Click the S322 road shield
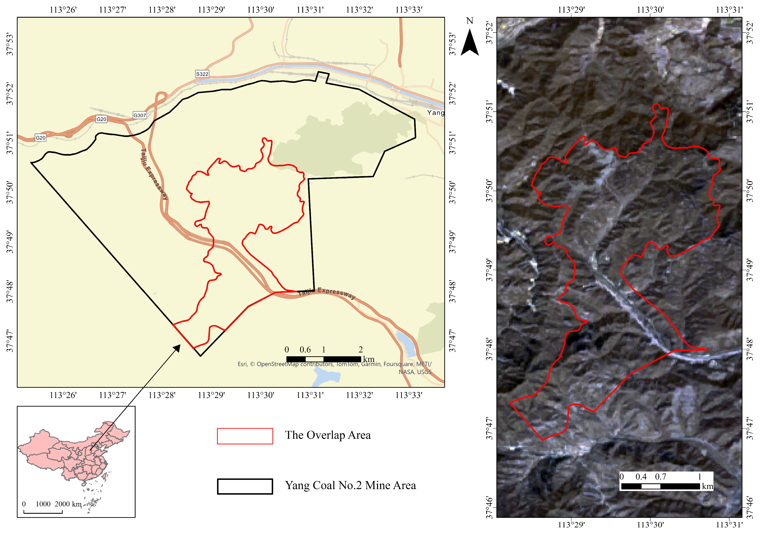pyautogui.click(x=202, y=74)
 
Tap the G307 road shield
pyautogui.click(x=140, y=115)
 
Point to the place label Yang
pyautogui.click(x=435, y=113)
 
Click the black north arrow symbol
pyautogui.click(x=470, y=43)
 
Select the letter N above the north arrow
pyautogui.click(x=470, y=21)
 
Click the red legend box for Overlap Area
pyautogui.click(x=245, y=436)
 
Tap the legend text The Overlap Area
pyautogui.click(x=328, y=435)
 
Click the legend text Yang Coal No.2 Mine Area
pyautogui.click(x=350, y=485)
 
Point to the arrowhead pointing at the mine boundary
pyautogui.click(x=177, y=347)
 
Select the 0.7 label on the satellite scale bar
pyautogui.click(x=660, y=477)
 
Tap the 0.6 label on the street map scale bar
pyautogui.click(x=305, y=349)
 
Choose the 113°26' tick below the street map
pyautogui.click(x=63, y=395)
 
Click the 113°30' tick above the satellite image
pyautogui.click(x=650, y=10)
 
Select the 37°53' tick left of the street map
pyautogui.click(x=10, y=44)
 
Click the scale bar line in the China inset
pyautogui.click(x=43, y=513)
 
